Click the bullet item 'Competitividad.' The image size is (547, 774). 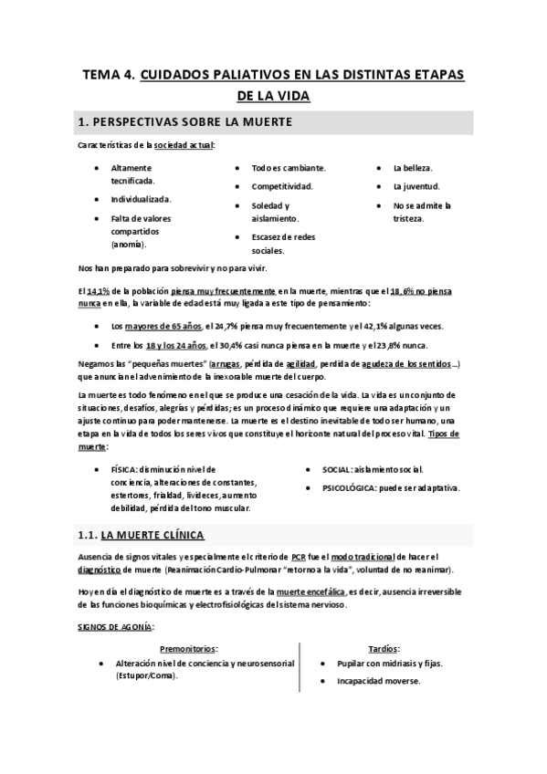tap(282, 185)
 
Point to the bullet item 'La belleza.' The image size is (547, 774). tap(413, 169)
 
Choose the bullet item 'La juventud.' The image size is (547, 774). tap(416, 186)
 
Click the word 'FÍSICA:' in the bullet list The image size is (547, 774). tap(127, 469)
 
